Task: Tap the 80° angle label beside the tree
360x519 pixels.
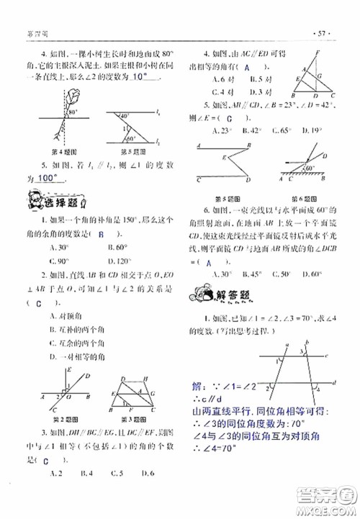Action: point(73,112)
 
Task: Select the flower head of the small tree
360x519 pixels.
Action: point(71,96)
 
